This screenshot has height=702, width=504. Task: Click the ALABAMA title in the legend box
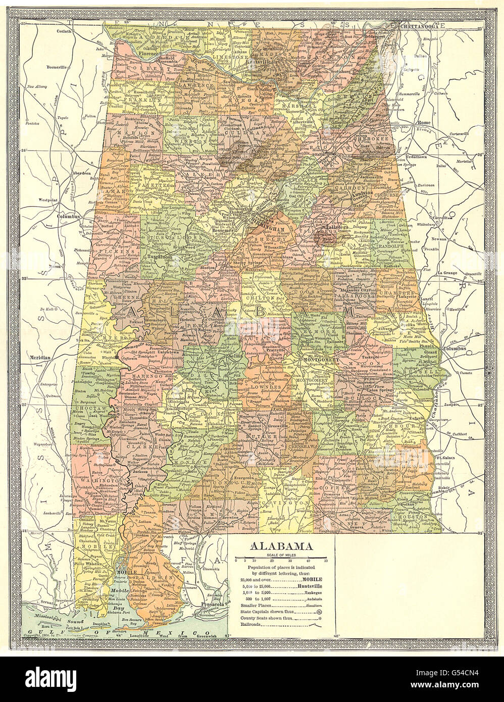point(281,547)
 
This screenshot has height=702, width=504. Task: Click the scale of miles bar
point(281,557)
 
